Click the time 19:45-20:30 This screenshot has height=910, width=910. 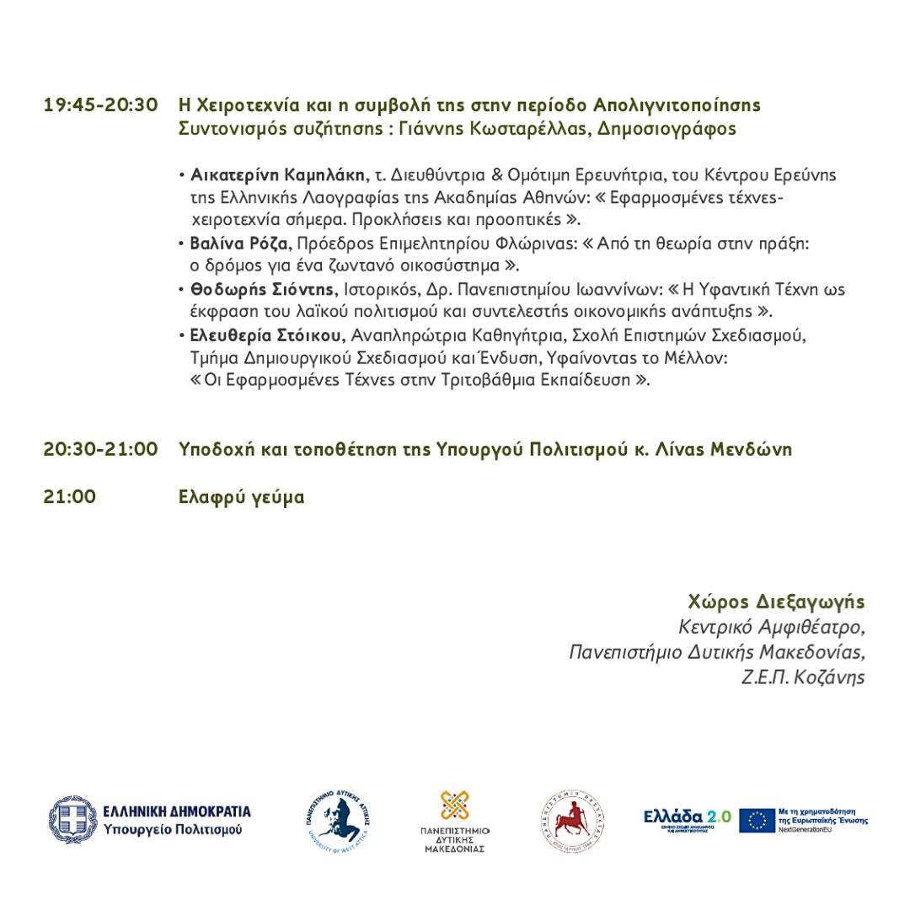click(x=101, y=105)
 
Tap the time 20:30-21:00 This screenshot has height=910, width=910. click(x=101, y=449)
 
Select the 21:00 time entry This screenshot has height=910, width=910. click(x=70, y=497)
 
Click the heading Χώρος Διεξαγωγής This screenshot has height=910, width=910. click(x=777, y=603)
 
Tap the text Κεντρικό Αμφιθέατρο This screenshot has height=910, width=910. click(x=772, y=628)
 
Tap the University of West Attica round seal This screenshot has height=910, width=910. click(x=339, y=820)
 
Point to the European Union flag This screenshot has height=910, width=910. click(x=757, y=820)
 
